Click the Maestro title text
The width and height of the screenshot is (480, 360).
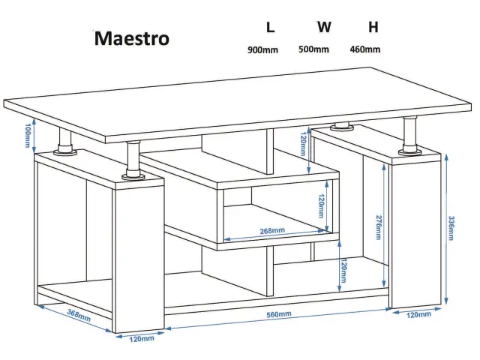pos(132,38)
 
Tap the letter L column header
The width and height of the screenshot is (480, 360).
pos(270,27)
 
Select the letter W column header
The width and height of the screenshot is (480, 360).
pos(324,27)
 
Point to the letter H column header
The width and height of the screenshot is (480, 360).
pos(373,27)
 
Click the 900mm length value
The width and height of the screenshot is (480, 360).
pos(262,49)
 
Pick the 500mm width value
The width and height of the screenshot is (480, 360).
pos(313,49)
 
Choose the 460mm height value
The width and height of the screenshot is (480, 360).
pos(365,49)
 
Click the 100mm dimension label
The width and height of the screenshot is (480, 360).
pos(28,135)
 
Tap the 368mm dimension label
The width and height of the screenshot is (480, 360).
pos(79,315)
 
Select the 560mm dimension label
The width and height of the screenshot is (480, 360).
pos(278,314)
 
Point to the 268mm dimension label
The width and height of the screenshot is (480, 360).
pos(272,231)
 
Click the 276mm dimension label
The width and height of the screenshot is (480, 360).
pos(379,227)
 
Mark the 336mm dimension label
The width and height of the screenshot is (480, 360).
pos(451,228)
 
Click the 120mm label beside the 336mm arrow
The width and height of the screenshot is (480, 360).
pos(418,315)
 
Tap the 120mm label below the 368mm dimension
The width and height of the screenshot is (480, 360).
pos(142,339)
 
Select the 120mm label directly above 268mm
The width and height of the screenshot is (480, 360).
pos(321,205)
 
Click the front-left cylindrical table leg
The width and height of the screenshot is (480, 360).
pos(133,160)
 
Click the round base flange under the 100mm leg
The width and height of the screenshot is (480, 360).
pos(64,151)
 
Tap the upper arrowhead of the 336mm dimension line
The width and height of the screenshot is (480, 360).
pos(446,157)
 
